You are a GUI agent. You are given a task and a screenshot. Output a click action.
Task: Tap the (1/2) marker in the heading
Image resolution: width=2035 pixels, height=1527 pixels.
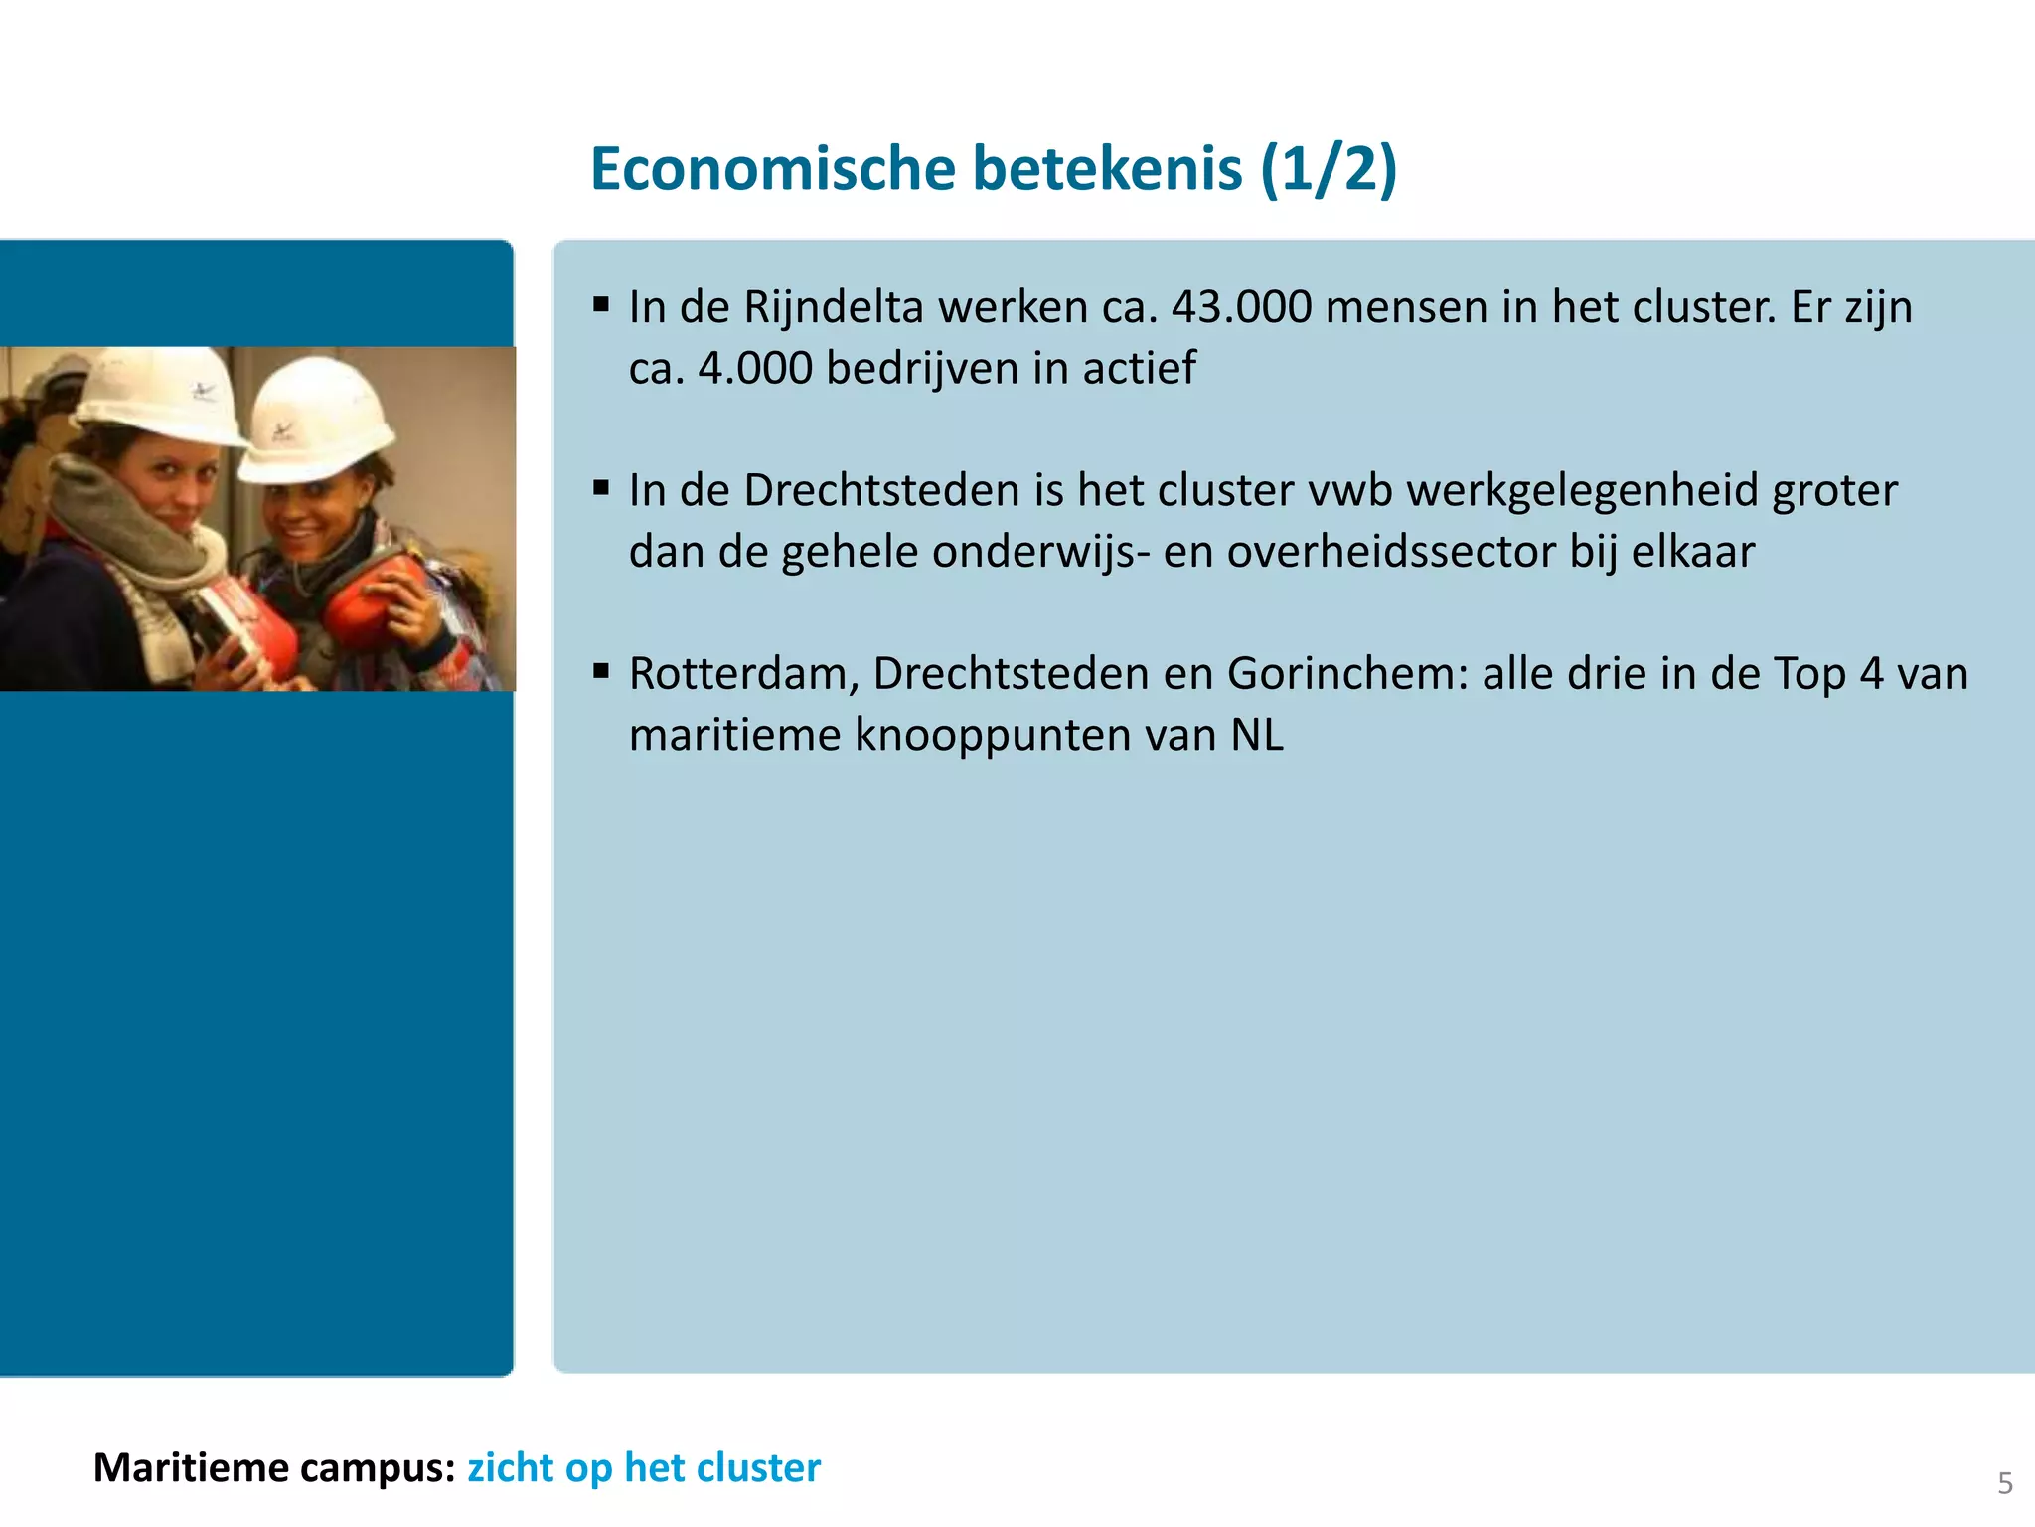tap(1329, 169)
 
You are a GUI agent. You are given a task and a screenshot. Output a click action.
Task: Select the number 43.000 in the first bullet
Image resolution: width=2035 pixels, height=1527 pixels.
tap(1241, 307)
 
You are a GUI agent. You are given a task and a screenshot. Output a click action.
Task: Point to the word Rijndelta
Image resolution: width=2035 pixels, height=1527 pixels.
tap(834, 307)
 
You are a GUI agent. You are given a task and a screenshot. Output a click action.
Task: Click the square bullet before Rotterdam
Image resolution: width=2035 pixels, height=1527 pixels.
tap(601, 671)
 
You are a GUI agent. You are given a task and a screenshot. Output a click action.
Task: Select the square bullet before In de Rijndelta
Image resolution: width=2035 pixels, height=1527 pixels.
tap(601, 304)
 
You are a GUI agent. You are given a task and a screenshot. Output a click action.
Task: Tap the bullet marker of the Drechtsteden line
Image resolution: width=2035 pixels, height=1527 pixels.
tap(601, 488)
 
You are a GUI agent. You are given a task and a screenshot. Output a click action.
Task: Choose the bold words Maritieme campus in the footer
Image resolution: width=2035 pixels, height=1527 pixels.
tap(274, 1468)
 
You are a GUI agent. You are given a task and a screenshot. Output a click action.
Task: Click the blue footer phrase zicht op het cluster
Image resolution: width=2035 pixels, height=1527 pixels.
tap(644, 1468)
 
